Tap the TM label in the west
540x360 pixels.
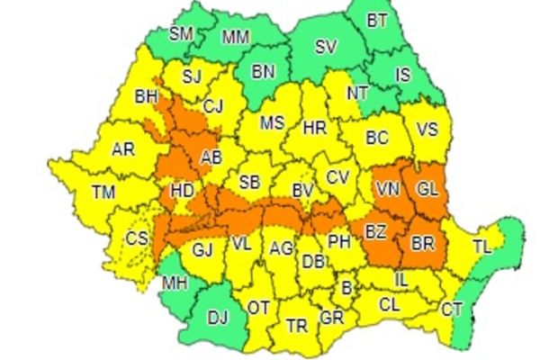click(x=104, y=191)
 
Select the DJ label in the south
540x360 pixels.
click(x=218, y=316)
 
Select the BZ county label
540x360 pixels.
click(x=376, y=232)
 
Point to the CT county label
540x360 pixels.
click(x=452, y=310)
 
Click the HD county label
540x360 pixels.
click(x=182, y=191)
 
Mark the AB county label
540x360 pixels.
click(x=212, y=157)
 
